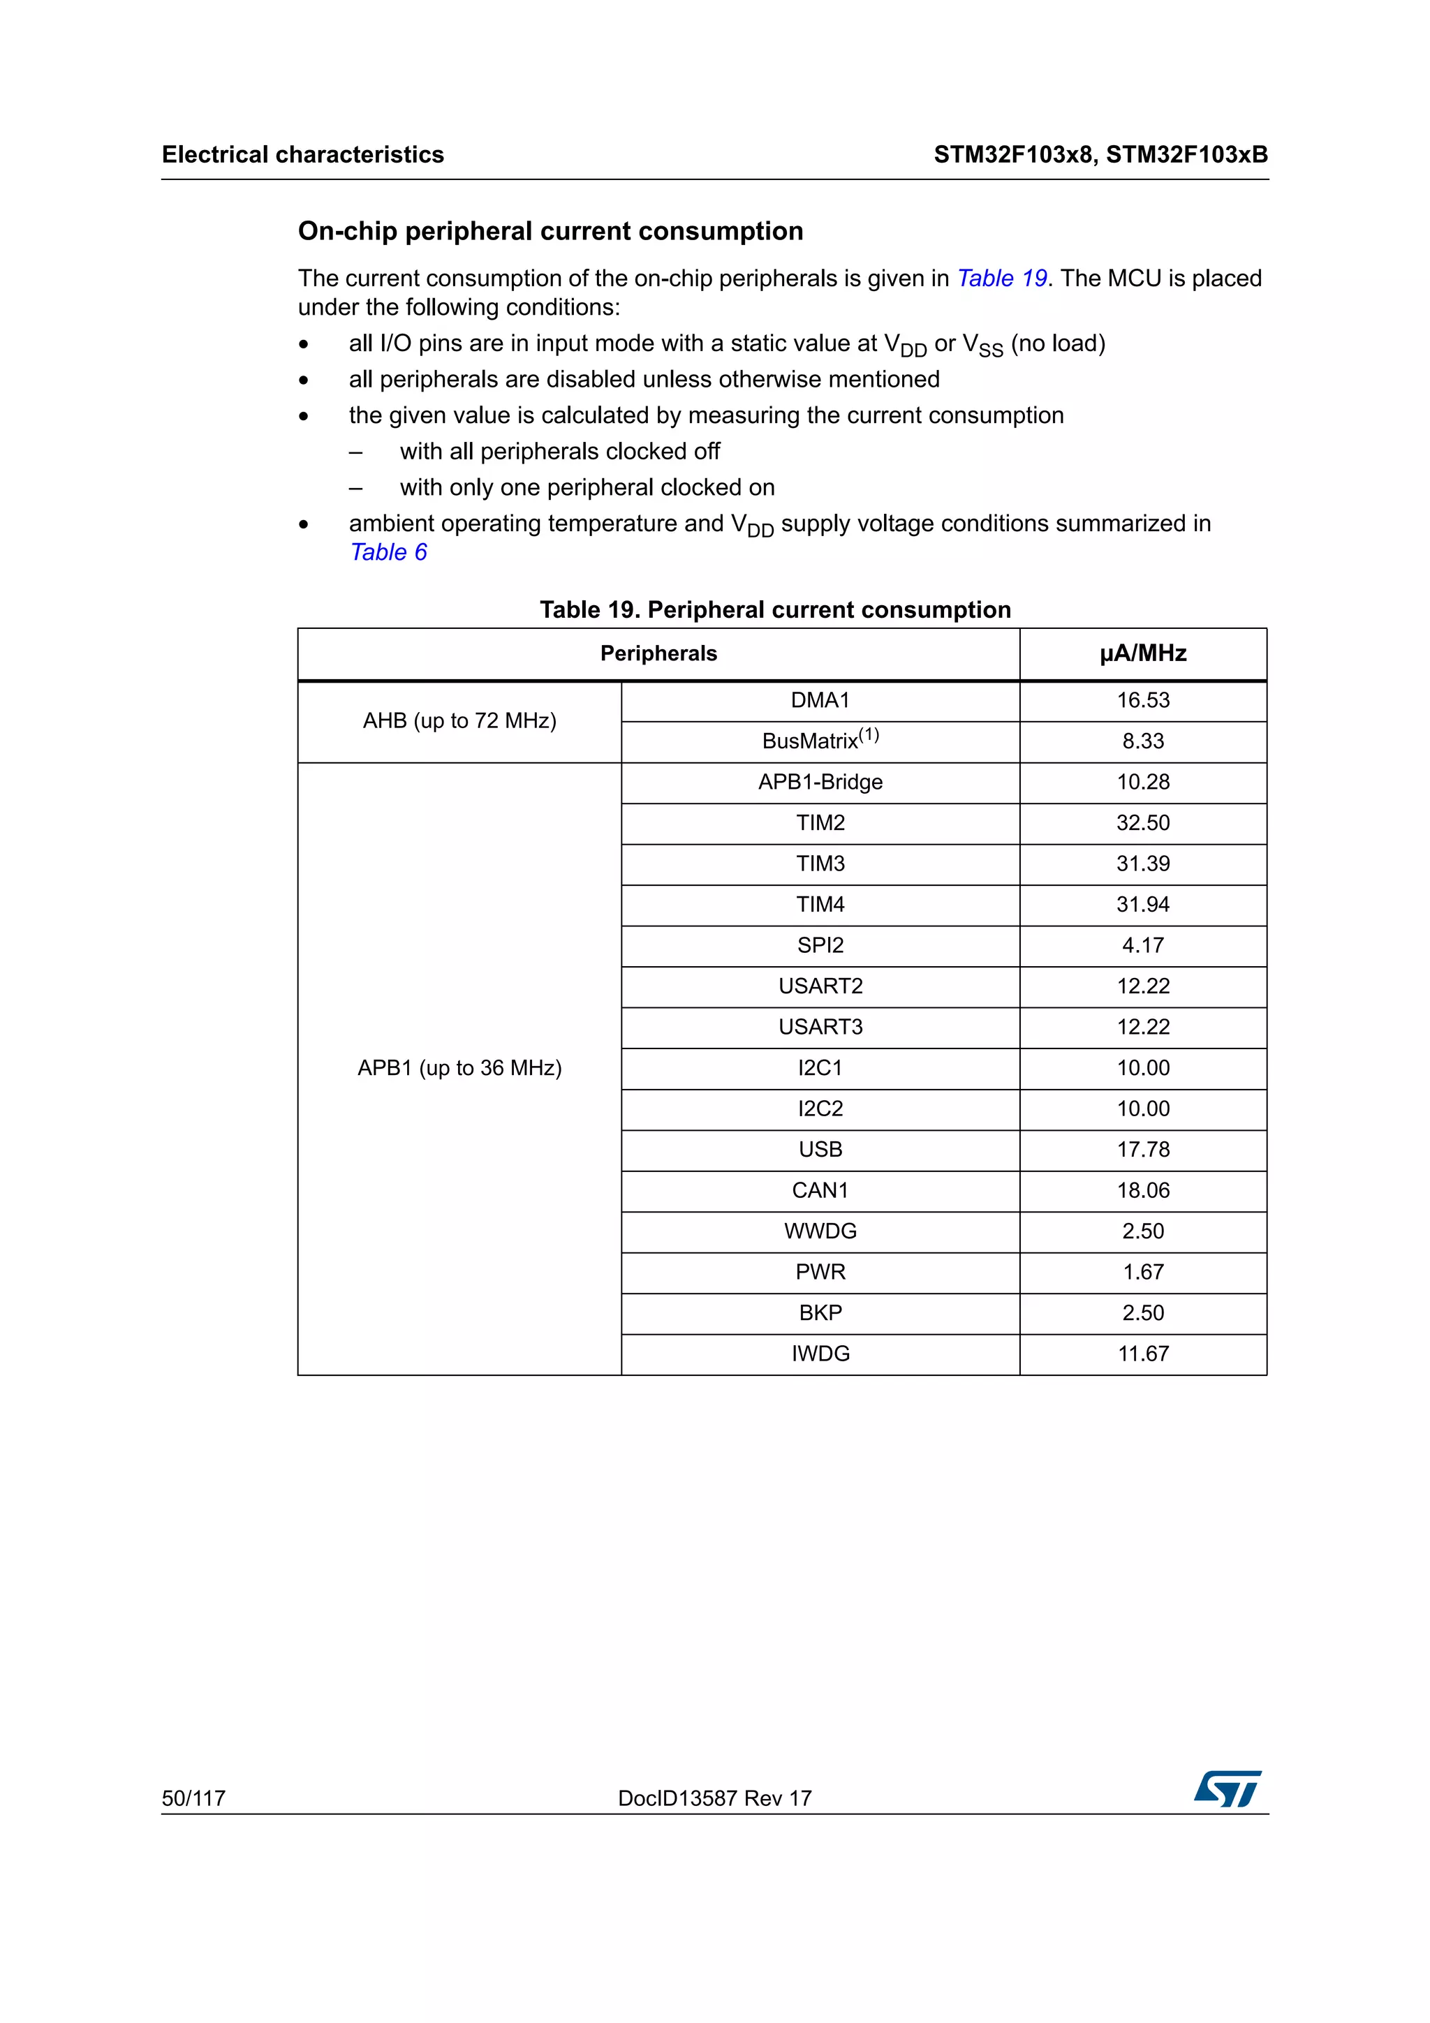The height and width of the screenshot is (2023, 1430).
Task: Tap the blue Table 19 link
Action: pos(1002,279)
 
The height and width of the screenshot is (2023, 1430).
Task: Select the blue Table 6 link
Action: pos(388,552)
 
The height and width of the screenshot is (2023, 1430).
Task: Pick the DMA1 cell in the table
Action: pos(820,700)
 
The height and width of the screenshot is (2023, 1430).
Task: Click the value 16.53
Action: pos(1143,700)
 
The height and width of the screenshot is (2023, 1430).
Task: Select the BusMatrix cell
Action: pos(820,740)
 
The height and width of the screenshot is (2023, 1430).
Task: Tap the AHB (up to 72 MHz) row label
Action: pos(459,720)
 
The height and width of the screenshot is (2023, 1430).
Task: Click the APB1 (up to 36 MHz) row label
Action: pos(459,1068)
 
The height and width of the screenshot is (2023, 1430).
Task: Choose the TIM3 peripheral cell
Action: pos(820,864)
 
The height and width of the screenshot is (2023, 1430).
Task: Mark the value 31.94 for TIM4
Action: pos(1143,904)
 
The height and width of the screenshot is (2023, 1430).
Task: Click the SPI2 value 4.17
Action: pos(1143,945)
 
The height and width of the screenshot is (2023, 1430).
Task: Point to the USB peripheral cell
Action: pos(820,1150)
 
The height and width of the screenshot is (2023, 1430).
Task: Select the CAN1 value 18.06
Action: pos(1143,1190)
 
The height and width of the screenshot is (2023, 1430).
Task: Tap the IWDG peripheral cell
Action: pos(820,1354)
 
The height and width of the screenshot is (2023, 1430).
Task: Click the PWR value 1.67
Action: pos(1143,1273)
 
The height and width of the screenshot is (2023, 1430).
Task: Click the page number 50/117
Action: pos(194,1798)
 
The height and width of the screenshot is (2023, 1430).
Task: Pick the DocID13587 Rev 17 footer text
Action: pos(714,1798)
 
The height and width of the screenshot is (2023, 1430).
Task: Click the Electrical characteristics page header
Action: pos(303,155)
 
